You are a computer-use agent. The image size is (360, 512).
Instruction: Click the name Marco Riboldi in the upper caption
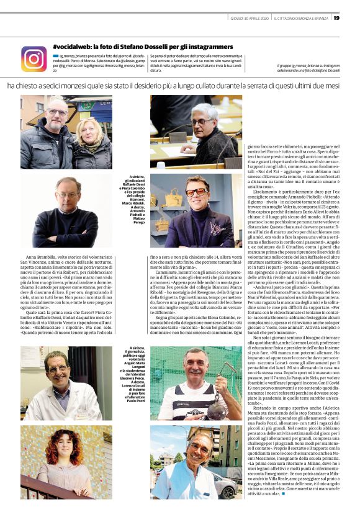pos(133,202)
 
